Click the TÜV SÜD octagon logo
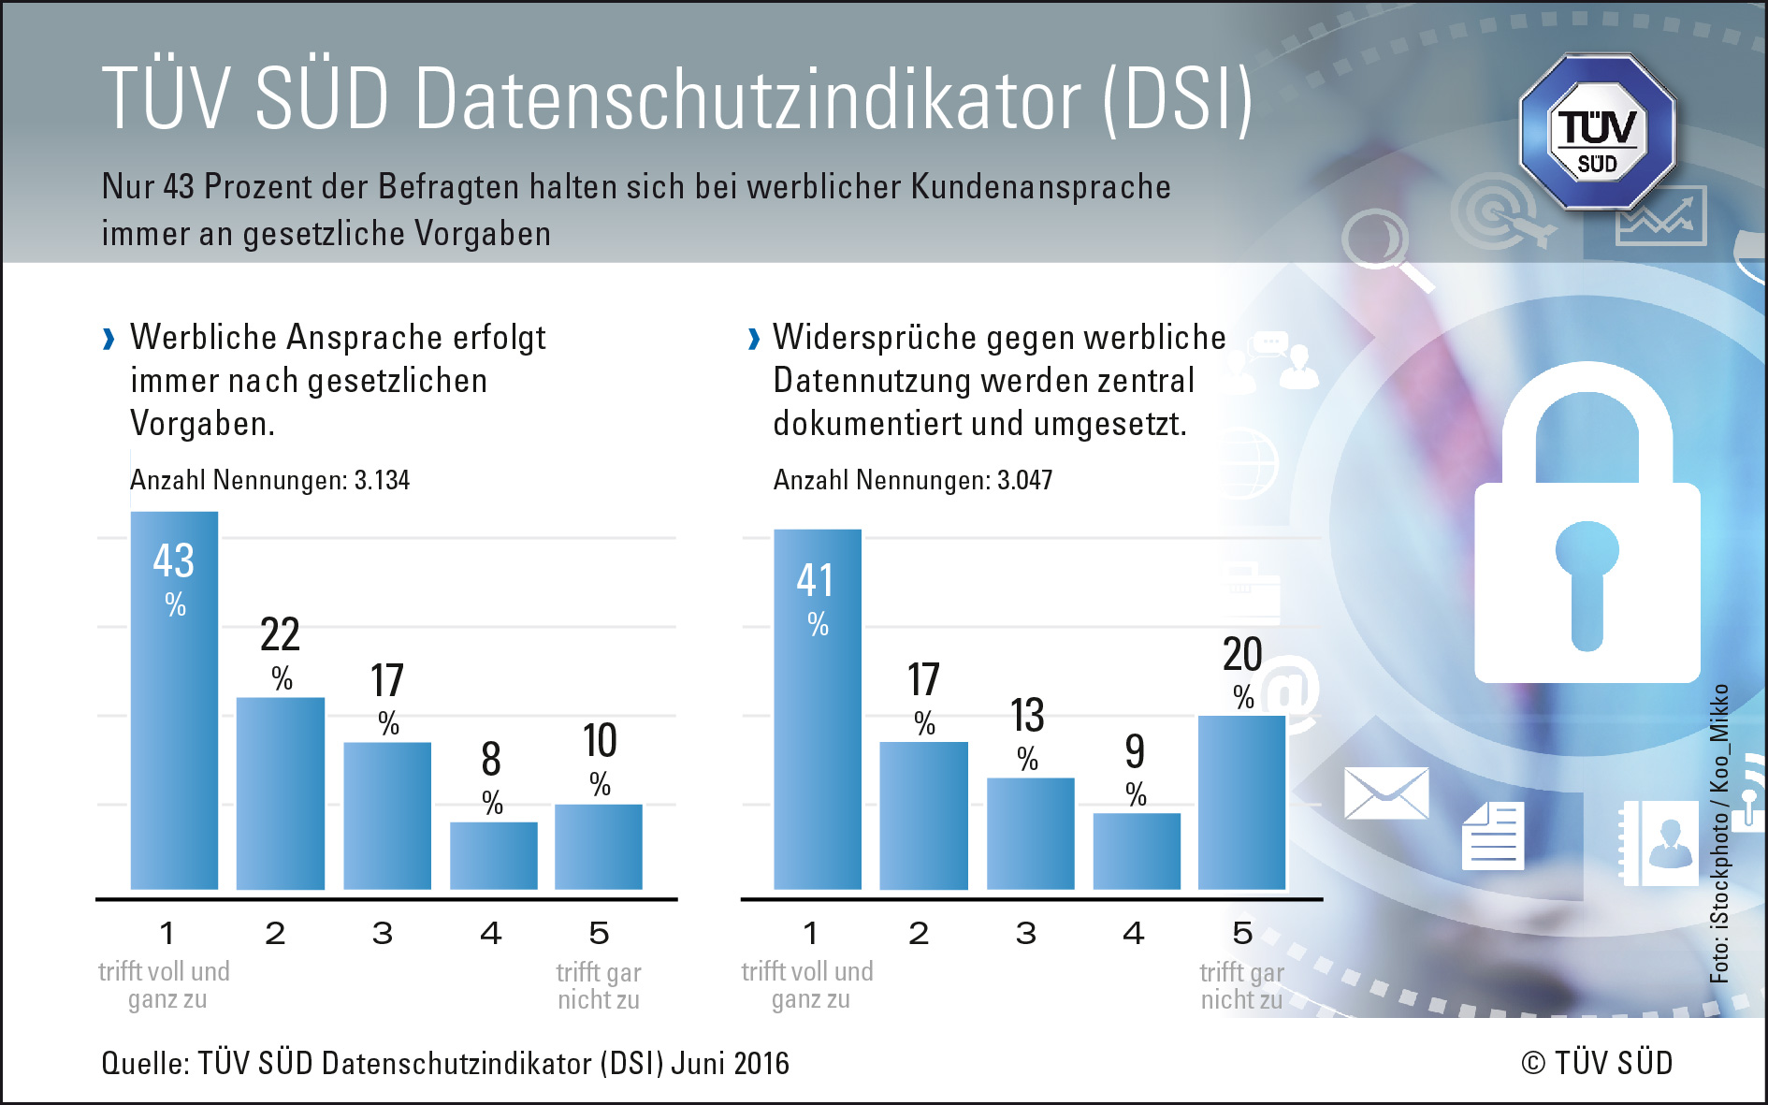tap(1597, 132)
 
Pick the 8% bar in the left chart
tap(494, 855)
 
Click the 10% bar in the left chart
tap(599, 847)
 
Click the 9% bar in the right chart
tap(1137, 851)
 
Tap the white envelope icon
tap(1386, 793)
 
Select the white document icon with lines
tap(1493, 836)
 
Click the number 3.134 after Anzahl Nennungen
tap(382, 481)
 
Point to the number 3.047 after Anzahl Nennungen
tap(1024, 481)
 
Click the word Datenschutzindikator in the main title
tap(748, 99)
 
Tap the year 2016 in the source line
tap(761, 1064)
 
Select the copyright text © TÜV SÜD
tap(1597, 1064)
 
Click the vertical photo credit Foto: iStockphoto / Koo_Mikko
tap(1719, 833)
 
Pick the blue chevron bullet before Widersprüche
tap(754, 339)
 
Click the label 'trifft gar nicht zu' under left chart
tap(599, 986)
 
